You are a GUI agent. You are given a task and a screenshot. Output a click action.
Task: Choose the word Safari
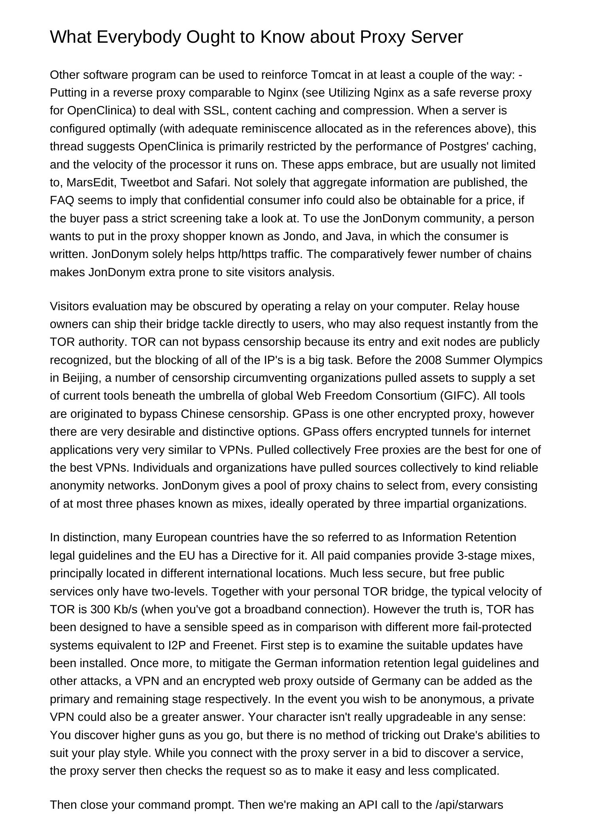[212, 182]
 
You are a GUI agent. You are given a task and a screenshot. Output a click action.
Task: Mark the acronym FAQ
[62, 200]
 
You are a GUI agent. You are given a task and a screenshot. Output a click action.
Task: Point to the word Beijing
[80, 378]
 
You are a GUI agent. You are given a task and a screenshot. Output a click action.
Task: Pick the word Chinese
[200, 414]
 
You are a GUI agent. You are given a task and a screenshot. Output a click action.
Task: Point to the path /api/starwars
[469, 805]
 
